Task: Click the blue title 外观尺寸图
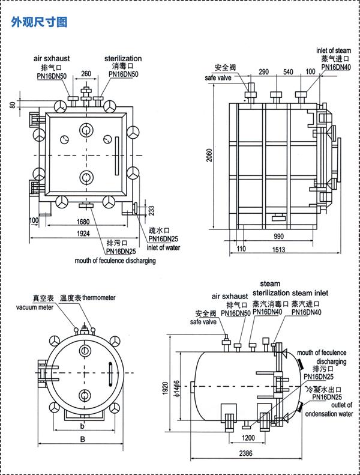(x=40, y=22)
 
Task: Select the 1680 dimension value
(x=84, y=222)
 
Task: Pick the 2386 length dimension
(x=244, y=453)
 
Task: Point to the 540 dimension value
(x=288, y=72)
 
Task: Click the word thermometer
(x=99, y=298)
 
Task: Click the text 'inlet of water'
(x=163, y=247)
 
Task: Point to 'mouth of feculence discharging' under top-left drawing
(x=115, y=261)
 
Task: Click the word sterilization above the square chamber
(x=123, y=59)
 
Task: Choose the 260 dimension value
(x=86, y=74)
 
